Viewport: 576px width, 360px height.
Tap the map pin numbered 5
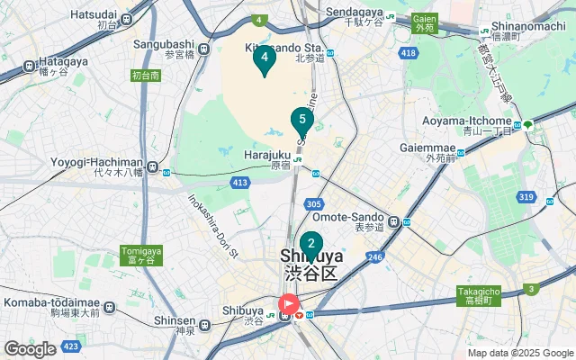coord(301,120)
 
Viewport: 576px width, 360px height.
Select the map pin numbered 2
coord(311,244)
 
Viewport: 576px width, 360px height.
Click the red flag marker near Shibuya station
coord(289,304)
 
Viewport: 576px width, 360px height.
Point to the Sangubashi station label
coord(164,43)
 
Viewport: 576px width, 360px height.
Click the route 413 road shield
coord(239,183)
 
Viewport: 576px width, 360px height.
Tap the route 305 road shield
coord(313,205)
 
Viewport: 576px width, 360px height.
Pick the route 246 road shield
coord(375,257)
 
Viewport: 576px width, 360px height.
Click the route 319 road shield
coord(526,197)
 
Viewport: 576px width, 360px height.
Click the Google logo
coord(30,349)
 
